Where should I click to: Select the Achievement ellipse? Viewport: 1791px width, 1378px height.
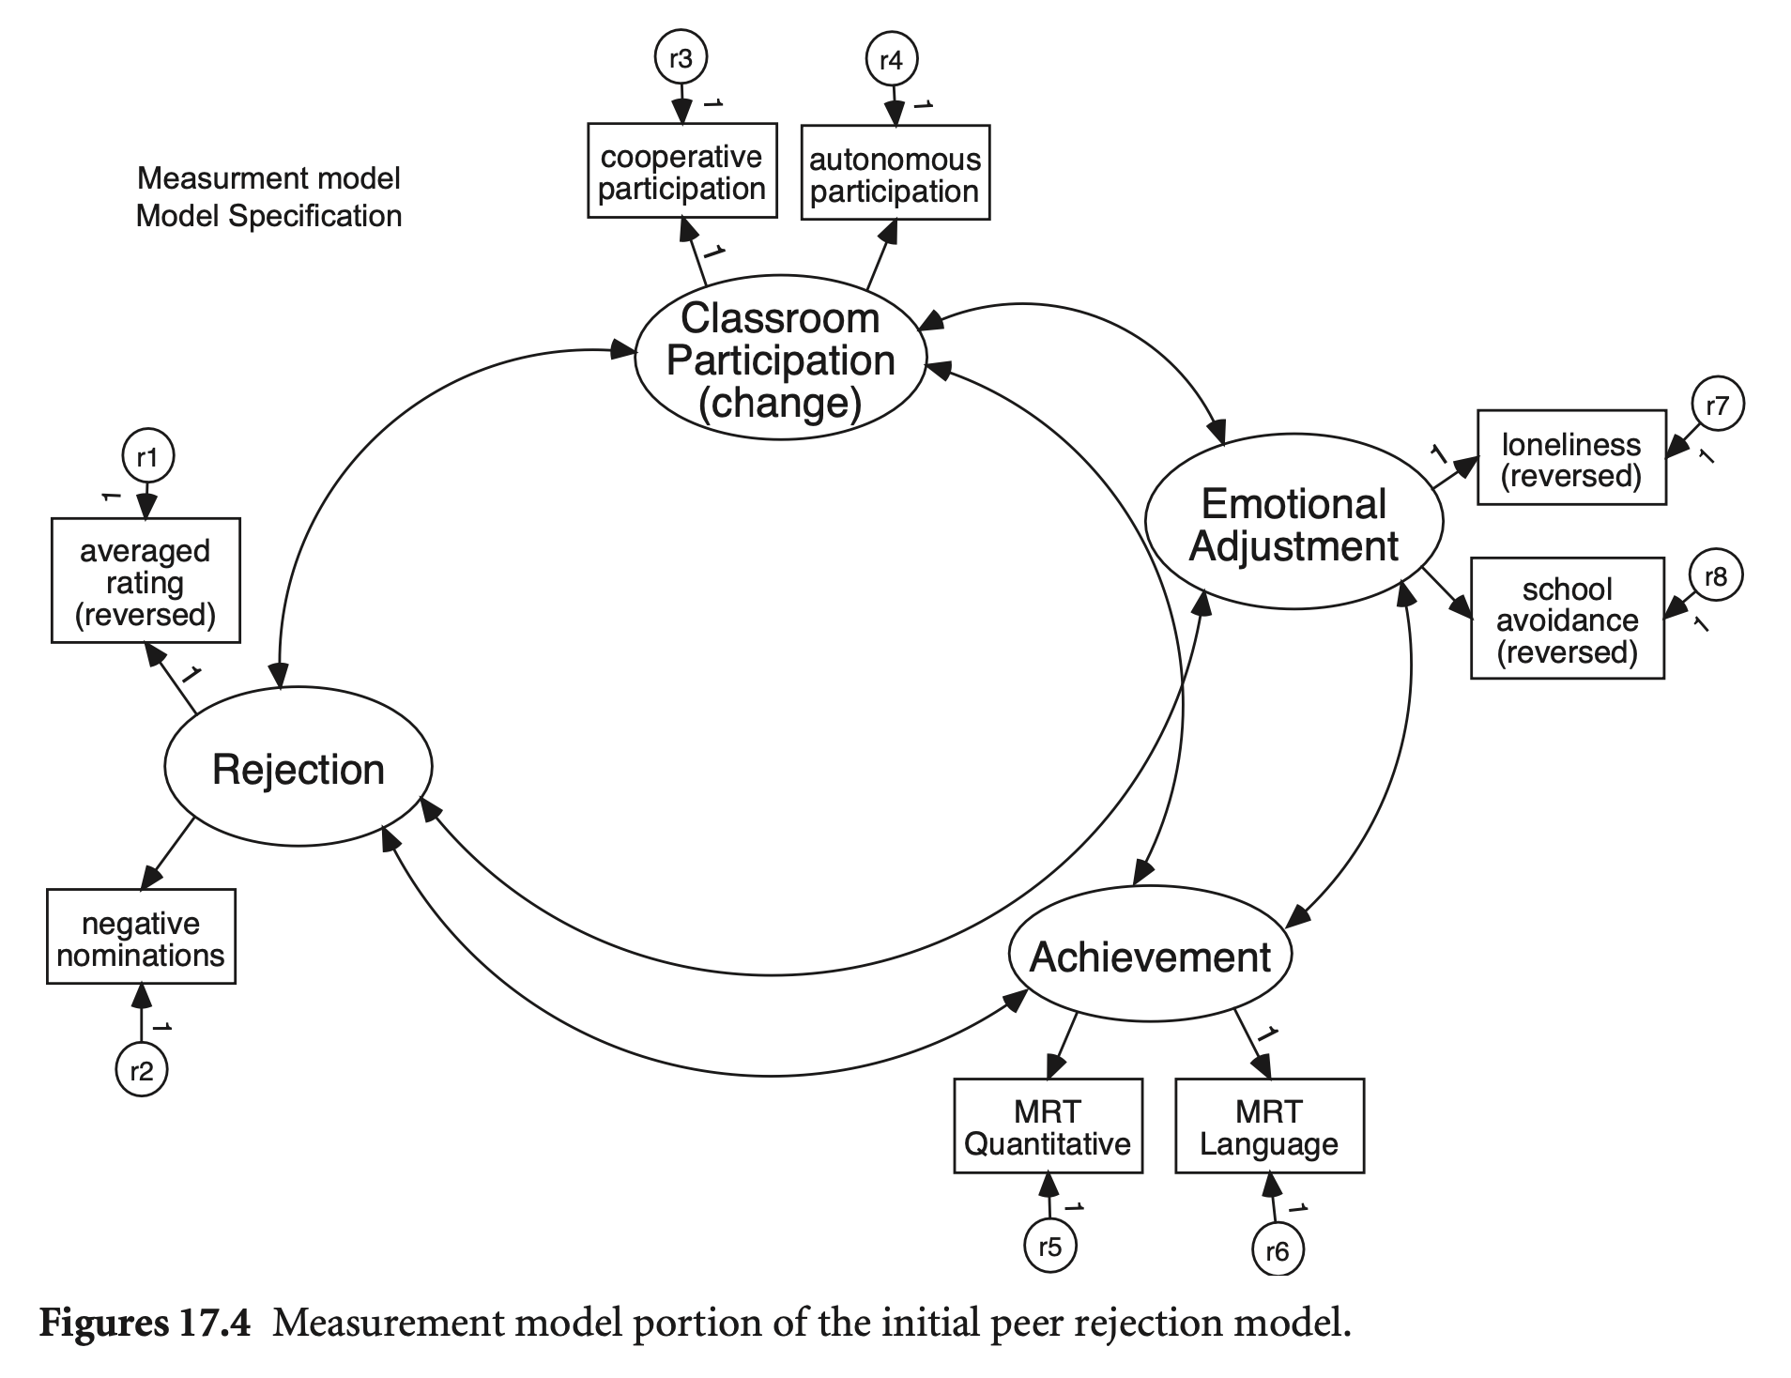tap(1150, 956)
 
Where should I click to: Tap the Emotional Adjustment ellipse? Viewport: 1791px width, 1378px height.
tap(1293, 524)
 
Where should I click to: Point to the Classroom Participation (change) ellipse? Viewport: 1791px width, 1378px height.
tap(780, 360)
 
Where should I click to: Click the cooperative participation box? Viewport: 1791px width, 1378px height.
tap(682, 171)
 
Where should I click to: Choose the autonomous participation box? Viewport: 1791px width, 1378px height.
tap(895, 174)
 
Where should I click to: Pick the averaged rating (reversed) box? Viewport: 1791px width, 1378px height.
tap(145, 581)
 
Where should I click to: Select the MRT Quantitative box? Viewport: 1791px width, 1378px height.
tap(1048, 1126)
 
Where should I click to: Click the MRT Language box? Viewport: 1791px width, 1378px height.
tap(1269, 1126)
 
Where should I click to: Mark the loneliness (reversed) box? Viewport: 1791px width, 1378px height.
tap(1571, 458)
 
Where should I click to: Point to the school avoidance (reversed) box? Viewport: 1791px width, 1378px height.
tap(1567, 619)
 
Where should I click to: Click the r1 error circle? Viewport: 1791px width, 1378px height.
tap(148, 457)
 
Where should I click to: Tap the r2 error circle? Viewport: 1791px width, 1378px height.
tap(142, 1070)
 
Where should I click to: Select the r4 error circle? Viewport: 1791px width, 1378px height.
tap(891, 60)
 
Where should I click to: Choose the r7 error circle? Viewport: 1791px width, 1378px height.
tap(1717, 406)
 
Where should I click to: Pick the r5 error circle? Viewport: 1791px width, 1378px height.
tap(1049, 1246)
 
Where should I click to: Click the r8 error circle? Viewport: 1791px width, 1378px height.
tap(1715, 576)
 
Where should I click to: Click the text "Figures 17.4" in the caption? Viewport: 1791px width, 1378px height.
tap(145, 1324)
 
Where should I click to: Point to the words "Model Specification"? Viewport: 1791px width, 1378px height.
tap(268, 216)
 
